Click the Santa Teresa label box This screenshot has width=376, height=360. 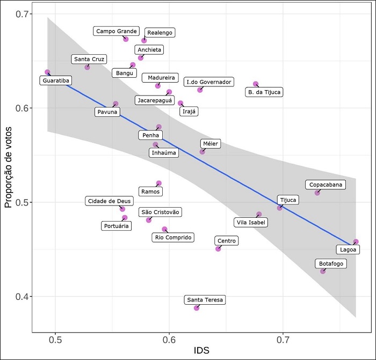coord(205,300)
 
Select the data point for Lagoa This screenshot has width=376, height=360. coord(356,242)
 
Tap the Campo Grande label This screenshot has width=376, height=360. coord(117,31)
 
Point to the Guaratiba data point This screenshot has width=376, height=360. coord(47,72)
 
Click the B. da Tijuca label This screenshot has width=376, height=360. coord(264,92)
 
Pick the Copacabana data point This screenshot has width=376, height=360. coord(317,193)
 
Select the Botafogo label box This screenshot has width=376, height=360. coord(330,263)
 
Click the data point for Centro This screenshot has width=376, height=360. coord(218,248)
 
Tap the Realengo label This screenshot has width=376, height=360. coord(160,33)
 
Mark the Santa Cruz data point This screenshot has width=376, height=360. coord(87,67)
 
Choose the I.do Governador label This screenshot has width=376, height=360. coord(208,82)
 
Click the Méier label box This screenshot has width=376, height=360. coord(211,144)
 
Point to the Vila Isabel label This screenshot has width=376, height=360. coord(252,222)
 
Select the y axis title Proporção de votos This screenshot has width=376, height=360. coord(9,155)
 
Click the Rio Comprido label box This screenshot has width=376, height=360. coord(172,237)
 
